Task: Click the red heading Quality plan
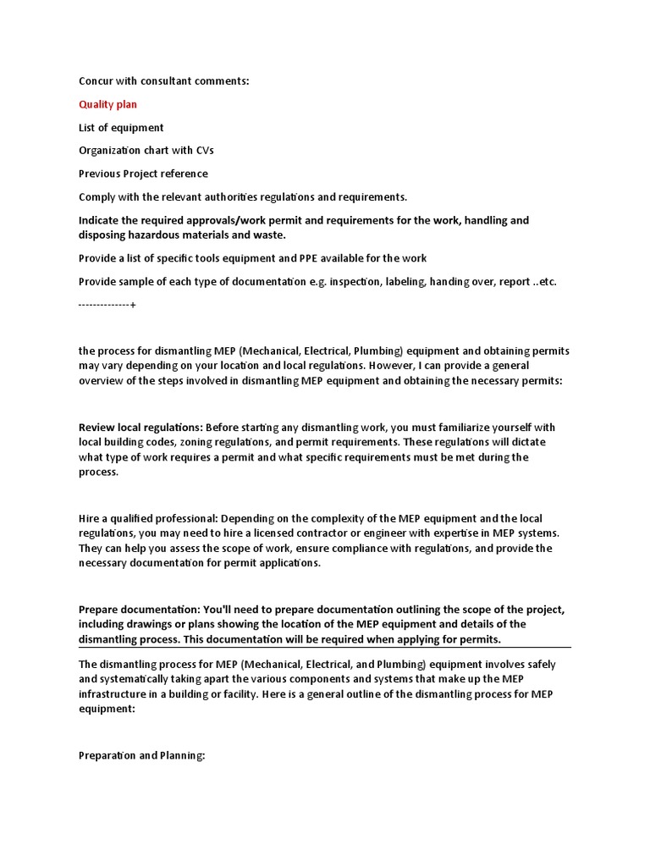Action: [107, 104]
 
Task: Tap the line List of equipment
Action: [121, 128]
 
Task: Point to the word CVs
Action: [204, 151]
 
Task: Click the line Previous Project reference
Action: [143, 174]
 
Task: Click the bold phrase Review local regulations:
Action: [140, 427]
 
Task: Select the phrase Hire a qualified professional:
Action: [149, 518]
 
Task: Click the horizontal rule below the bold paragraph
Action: [325, 648]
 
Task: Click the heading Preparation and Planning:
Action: [142, 755]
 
